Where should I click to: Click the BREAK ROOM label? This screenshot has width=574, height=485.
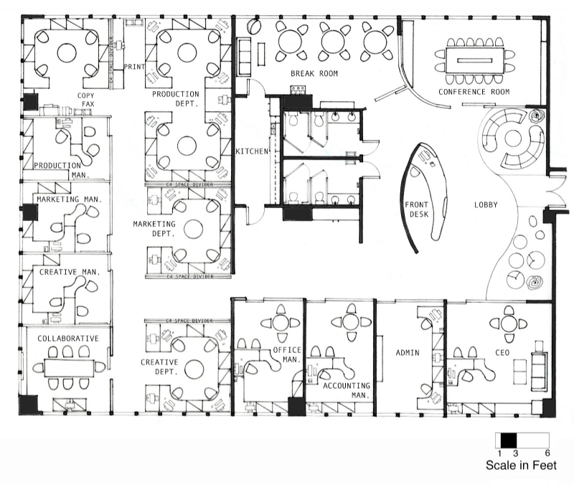pyautogui.click(x=314, y=73)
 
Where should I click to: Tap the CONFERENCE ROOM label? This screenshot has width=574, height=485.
pyautogui.click(x=474, y=92)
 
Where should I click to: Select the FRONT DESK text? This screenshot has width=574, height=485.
pyautogui.click(x=416, y=209)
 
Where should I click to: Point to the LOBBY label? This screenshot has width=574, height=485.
pyautogui.click(x=485, y=205)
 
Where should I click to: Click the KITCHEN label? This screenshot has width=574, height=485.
pyautogui.click(x=252, y=151)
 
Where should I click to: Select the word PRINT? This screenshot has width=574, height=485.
pyautogui.click(x=134, y=67)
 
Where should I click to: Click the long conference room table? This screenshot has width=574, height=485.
pyautogui.click(x=474, y=57)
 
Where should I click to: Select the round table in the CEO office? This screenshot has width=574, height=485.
pyautogui.click(x=509, y=324)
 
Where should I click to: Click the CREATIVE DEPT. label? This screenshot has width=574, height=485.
pyautogui.click(x=159, y=367)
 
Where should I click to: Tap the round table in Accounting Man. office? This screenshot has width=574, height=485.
pyautogui.click(x=349, y=322)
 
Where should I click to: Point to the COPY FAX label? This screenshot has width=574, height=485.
pyautogui.click(x=87, y=99)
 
